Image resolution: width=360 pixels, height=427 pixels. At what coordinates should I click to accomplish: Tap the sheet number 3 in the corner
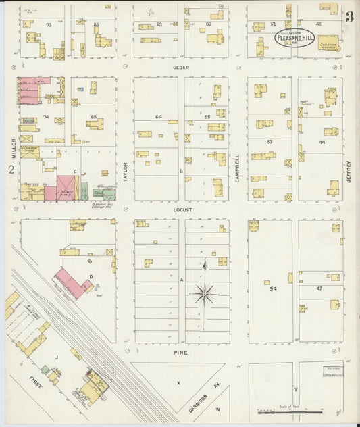tap(349, 18)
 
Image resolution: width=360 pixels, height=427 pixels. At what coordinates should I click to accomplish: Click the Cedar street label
tap(181, 68)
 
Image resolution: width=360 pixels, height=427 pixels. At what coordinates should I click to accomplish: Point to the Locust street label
tap(182, 210)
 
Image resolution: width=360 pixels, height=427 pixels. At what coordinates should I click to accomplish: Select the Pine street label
tap(180, 353)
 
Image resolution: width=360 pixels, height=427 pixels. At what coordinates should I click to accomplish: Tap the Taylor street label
tap(125, 172)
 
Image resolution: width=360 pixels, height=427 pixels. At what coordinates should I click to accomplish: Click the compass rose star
tap(205, 293)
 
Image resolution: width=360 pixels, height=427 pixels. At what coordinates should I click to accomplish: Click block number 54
tap(273, 289)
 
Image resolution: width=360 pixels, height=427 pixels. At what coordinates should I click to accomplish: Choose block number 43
tap(318, 289)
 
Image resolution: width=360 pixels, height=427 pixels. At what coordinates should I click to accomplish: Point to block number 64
tap(158, 117)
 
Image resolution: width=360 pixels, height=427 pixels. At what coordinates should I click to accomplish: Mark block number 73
tap(48, 24)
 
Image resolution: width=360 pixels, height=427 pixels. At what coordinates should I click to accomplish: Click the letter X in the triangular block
tap(179, 382)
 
